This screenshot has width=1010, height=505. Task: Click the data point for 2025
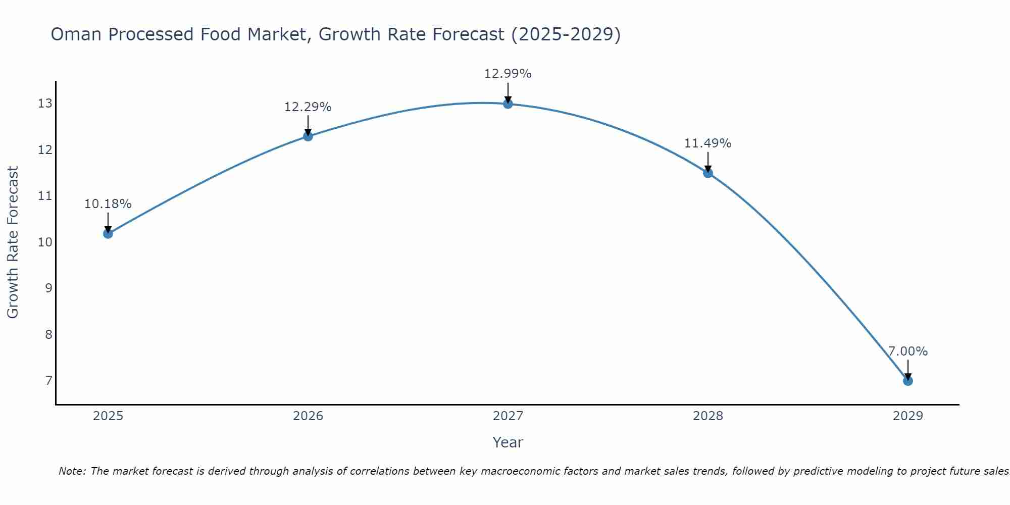pyautogui.click(x=108, y=233)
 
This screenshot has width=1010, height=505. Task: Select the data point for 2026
pyautogui.click(x=308, y=136)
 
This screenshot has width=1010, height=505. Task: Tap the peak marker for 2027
pyautogui.click(x=508, y=104)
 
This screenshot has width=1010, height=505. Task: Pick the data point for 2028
pyautogui.click(x=708, y=173)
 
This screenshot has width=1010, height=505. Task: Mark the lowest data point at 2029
pyautogui.click(x=907, y=381)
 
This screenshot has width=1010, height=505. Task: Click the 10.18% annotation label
pyautogui.click(x=108, y=204)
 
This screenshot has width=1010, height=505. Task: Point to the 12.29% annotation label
pyautogui.click(x=308, y=107)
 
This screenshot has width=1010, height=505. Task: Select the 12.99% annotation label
pyautogui.click(x=508, y=74)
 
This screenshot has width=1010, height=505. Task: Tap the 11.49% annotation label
pyautogui.click(x=708, y=143)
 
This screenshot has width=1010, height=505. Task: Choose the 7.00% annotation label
pyautogui.click(x=907, y=351)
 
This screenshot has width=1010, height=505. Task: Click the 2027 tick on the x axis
pyautogui.click(x=508, y=416)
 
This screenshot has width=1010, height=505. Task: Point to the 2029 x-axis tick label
pyautogui.click(x=907, y=416)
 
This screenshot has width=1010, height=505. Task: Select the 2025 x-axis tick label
pyautogui.click(x=108, y=416)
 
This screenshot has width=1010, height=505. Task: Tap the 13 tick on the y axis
pyautogui.click(x=45, y=104)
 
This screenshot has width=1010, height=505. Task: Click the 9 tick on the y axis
pyautogui.click(x=48, y=288)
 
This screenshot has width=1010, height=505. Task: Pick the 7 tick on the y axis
pyautogui.click(x=48, y=381)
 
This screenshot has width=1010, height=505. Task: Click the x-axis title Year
pyautogui.click(x=508, y=442)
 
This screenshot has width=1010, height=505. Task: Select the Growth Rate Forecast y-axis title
pyautogui.click(x=13, y=242)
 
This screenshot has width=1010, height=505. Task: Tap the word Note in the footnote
pyautogui.click(x=72, y=471)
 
